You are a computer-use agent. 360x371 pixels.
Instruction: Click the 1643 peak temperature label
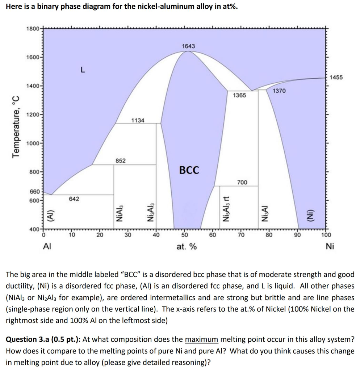coord(188,46)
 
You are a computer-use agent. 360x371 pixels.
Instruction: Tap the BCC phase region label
coord(189,170)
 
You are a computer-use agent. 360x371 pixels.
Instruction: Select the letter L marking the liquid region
coord(83,71)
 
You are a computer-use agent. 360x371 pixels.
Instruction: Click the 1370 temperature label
coord(279,91)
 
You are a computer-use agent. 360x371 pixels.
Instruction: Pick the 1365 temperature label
coord(239,95)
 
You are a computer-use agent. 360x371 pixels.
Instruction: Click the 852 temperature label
coord(121,161)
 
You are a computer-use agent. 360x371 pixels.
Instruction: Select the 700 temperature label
coord(242,183)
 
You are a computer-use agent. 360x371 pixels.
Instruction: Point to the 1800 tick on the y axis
coord(33,29)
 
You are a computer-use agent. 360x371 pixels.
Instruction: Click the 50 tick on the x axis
coord(184,234)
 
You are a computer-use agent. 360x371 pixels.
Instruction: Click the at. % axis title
coord(187,247)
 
